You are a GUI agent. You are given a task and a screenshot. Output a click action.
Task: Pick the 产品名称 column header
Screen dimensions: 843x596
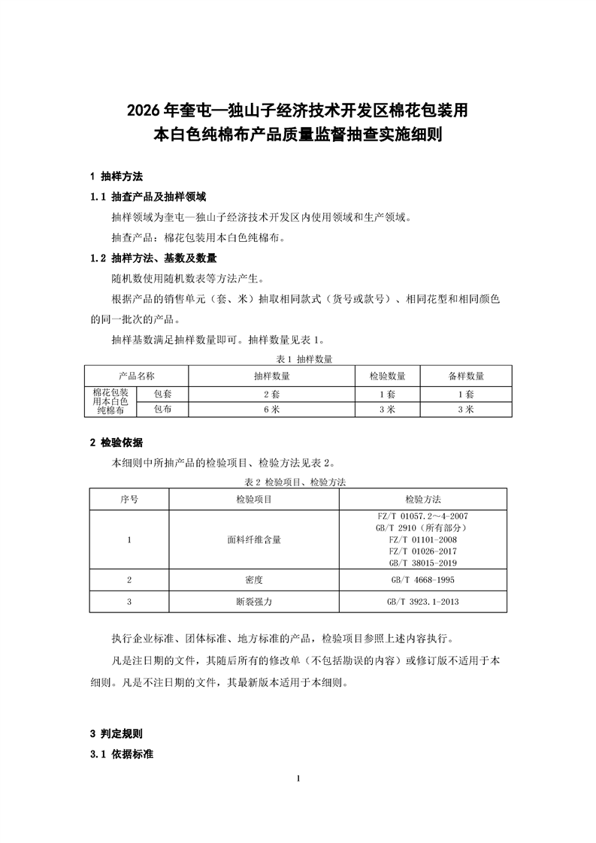tap(136, 376)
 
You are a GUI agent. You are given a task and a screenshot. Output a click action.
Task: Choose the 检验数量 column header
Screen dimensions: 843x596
tap(388, 376)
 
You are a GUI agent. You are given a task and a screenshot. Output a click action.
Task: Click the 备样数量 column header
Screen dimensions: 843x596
tap(466, 376)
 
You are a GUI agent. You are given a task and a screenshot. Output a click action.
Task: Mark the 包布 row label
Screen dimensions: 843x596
tap(162, 409)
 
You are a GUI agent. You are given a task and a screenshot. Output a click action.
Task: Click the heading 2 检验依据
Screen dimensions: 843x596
tap(116, 441)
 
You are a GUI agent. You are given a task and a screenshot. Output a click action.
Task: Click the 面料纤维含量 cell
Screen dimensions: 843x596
tap(254, 539)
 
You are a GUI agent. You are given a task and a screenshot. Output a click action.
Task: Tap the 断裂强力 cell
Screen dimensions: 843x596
tap(254, 601)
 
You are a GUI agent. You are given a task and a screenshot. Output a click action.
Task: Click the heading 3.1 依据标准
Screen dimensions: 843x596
tap(121, 753)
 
